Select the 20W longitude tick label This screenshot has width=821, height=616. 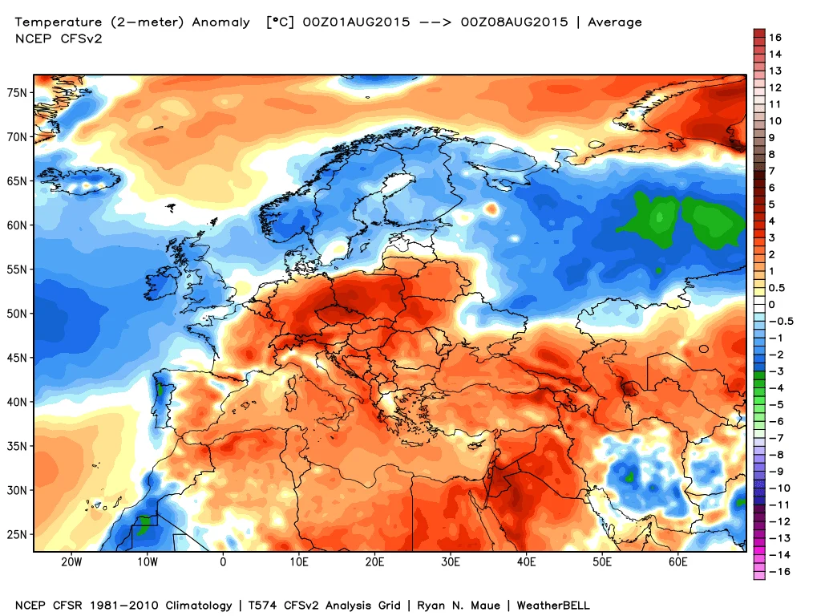[x=71, y=562]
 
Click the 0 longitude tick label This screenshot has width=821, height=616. [x=223, y=562]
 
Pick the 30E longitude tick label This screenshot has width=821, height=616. [x=451, y=562]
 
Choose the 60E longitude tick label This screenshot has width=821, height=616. [x=678, y=562]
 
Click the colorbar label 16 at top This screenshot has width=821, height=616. [x=774, y=38]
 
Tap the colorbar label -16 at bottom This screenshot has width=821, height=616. [x=777, y=572]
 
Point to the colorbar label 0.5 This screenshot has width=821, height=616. [x=777, y=288]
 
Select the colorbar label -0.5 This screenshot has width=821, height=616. [x=779, y=322]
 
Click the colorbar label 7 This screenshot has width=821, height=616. [x=771, y=171]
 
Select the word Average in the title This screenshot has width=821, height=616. [x=615, y=22]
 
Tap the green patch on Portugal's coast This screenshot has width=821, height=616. [x=160, y=390]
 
